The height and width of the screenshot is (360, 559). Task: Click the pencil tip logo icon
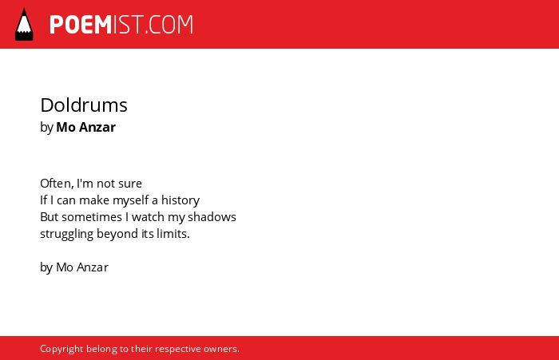[x=24, y=25]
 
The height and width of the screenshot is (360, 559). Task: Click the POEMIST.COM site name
[x=121, y=25]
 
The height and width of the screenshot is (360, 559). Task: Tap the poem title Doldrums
[x=84, y=105]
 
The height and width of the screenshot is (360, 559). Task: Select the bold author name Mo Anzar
[x=86, y=127]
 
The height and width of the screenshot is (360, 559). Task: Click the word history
[x=180, y=200]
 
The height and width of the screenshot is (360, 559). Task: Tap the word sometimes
[x=92, y=217]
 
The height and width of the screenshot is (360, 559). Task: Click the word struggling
[x=66, y=234]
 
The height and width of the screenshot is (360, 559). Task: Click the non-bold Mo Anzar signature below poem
[x=82, y=267]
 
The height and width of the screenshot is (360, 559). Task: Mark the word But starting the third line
[x=50, y=217]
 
